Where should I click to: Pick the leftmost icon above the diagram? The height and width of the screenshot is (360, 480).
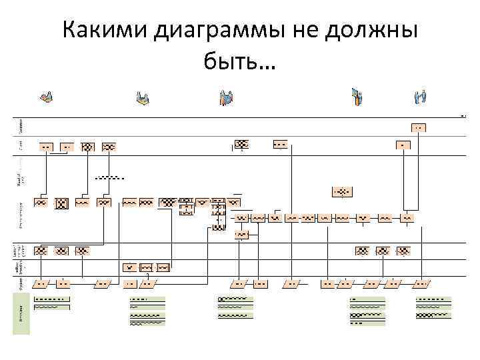[x=46, y=97]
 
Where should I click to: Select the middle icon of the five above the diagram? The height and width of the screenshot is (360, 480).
[x=226, y=98]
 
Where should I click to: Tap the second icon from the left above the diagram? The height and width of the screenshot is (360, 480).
[x=143, y=99]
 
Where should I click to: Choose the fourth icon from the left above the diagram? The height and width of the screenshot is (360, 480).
[x=357, y=97]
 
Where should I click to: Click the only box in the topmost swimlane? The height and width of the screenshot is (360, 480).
[x=419, y=127]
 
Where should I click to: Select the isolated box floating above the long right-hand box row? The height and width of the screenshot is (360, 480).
[x=342, y=192]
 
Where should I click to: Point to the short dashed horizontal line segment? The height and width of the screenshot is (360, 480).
[x=108, y=177]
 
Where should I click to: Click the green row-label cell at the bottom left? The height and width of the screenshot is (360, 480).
[x=21, y=311]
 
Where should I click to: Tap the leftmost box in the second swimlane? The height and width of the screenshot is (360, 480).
[x=46, y=146]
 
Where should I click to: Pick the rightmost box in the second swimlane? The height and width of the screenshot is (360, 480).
[x=403, y=145]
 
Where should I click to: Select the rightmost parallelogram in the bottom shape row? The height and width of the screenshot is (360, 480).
[x=423, y=284]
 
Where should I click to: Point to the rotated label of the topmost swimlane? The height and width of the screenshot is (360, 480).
[x=21, y=126]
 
